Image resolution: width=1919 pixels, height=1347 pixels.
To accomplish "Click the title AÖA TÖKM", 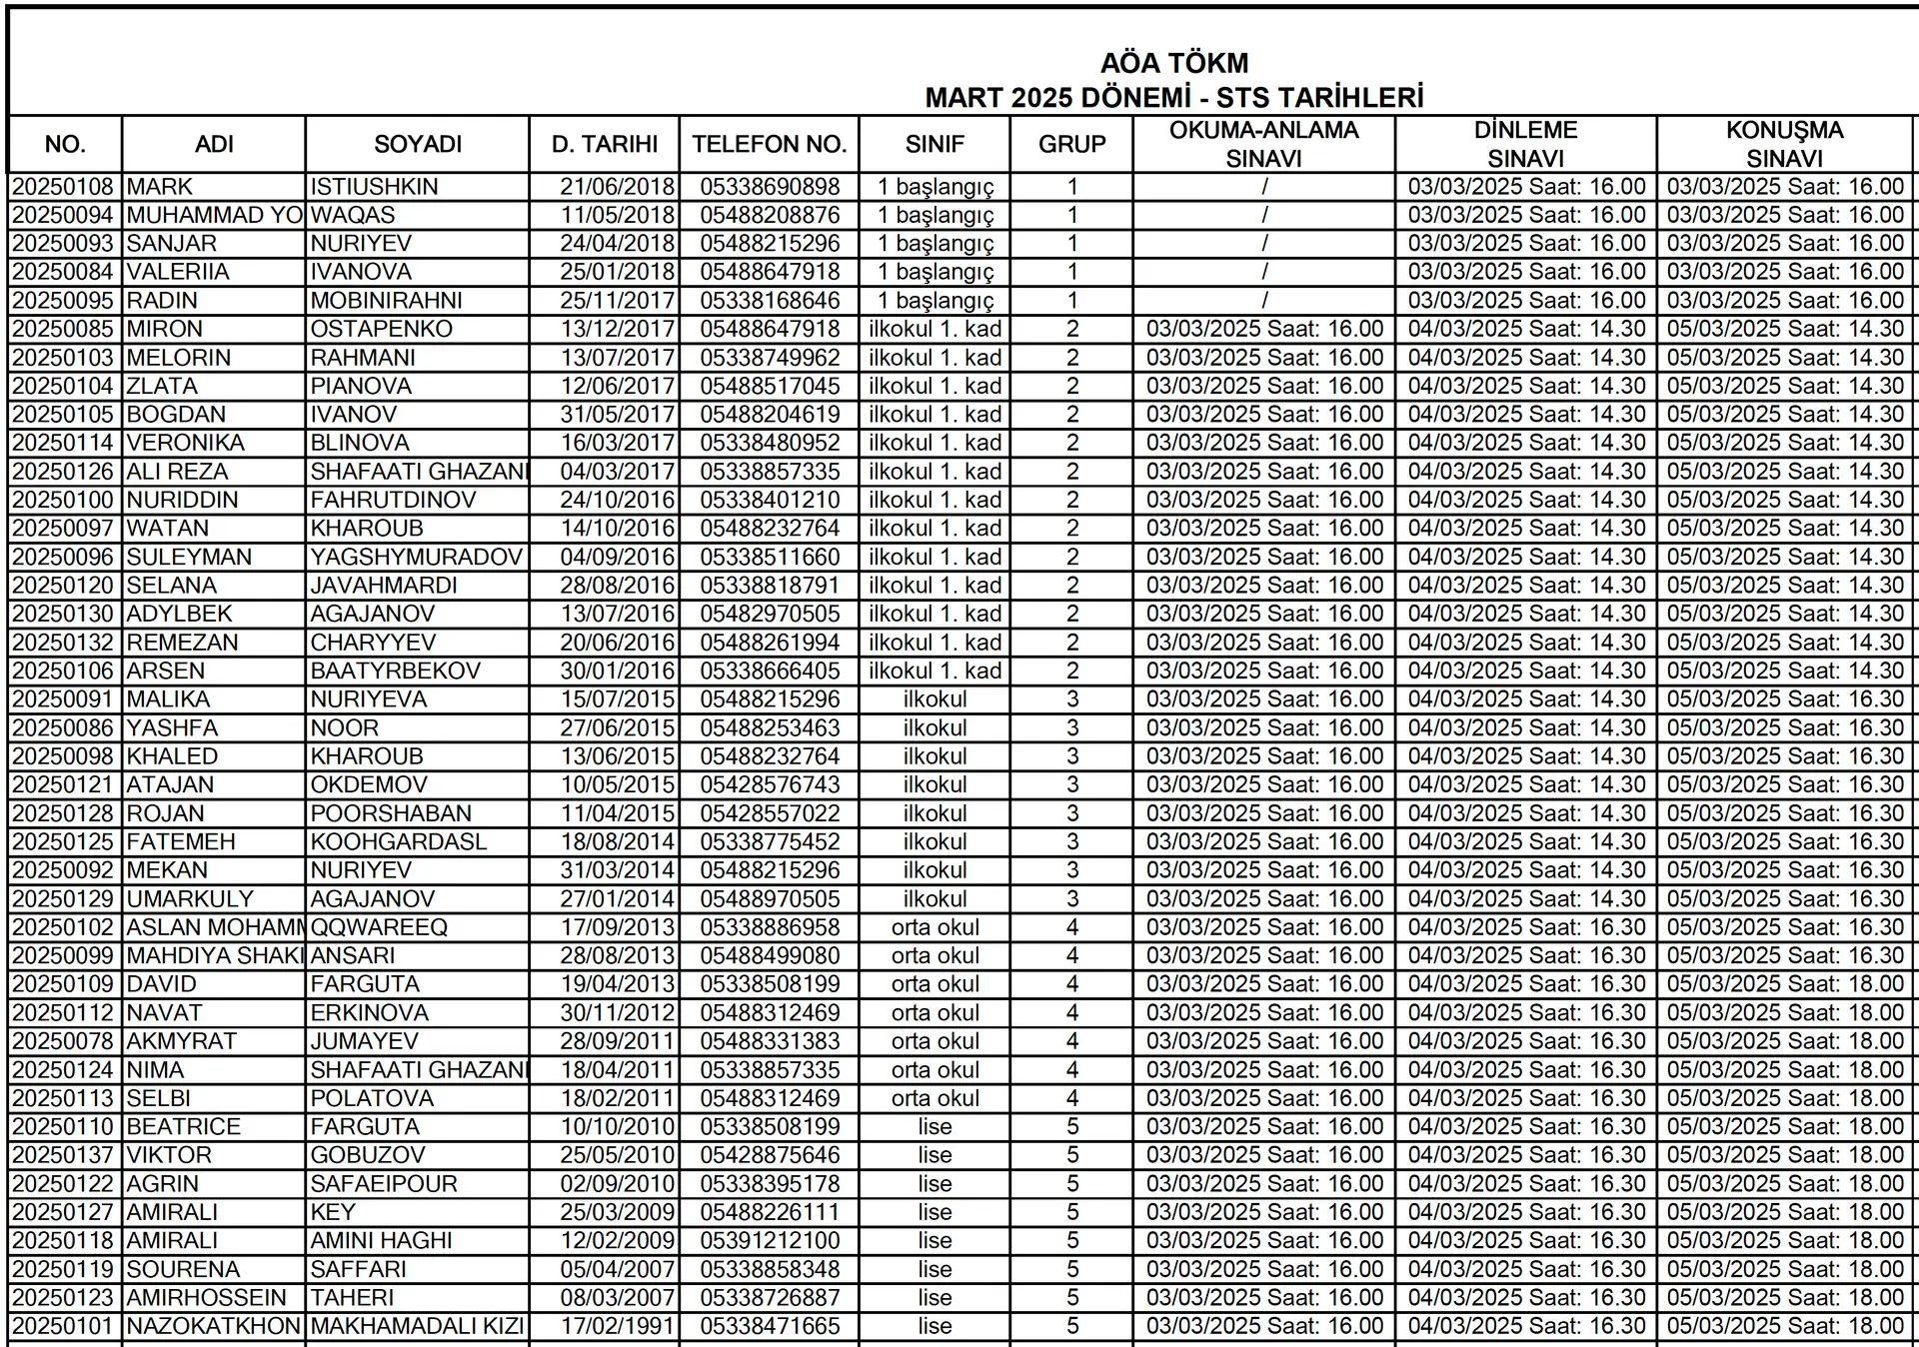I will coord(1173,64).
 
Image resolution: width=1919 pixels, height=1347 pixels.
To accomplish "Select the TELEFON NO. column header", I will coord(769,144).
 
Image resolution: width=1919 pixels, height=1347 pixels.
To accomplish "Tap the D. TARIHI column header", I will coord(604,144).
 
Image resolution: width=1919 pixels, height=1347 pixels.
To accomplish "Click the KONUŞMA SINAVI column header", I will coord(1784,144).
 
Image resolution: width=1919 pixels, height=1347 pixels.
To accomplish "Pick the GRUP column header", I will coord(1071,144).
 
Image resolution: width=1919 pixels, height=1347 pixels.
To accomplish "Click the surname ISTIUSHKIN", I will coord(374,187).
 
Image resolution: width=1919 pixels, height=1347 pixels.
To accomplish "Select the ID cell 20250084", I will coord(65,272).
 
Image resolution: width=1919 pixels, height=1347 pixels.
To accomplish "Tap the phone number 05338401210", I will coord(770,500).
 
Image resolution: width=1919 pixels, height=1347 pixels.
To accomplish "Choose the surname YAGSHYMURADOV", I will coord(417,557).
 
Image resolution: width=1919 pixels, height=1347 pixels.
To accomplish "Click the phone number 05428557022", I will coord(770,813).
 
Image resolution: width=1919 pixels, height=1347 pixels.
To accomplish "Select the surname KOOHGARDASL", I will coord(398,842).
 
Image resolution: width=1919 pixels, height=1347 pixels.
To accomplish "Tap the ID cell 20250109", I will coord(65,984).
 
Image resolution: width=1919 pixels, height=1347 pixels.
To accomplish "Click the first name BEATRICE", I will coord(183,1127).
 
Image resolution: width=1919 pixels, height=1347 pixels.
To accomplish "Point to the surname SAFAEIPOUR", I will coord(383,1184).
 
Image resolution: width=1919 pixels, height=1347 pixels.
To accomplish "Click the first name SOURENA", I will coord(183,1269).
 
